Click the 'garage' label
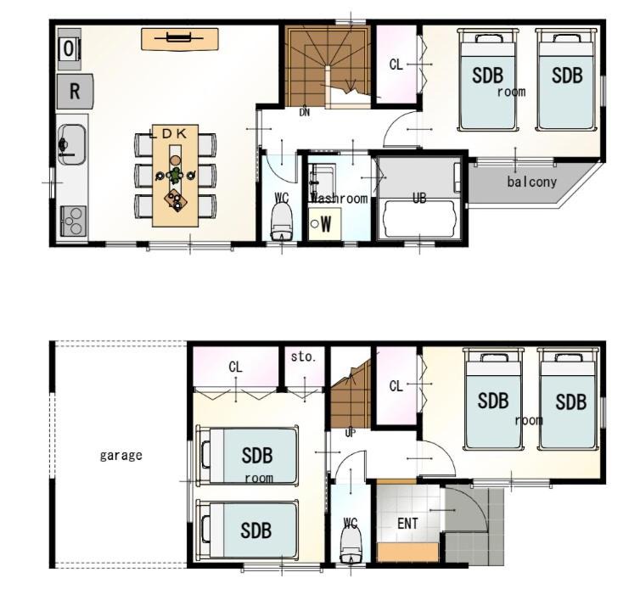[121, 455]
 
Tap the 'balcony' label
[532, 182]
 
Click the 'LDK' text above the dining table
[169, 133]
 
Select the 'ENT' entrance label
[407, 524]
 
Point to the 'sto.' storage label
[303, 356]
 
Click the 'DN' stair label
[305, 112]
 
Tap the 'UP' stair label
[351, 434]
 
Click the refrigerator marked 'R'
[75, 91]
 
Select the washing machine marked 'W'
[324, 224]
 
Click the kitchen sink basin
[72, 144]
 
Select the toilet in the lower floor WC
[351, 546]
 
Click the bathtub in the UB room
[419, 219]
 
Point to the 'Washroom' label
[340, 199]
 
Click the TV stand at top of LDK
[180, 39]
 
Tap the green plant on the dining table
[176, 175]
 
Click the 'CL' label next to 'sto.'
[235, 367]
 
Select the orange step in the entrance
[407, 553]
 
